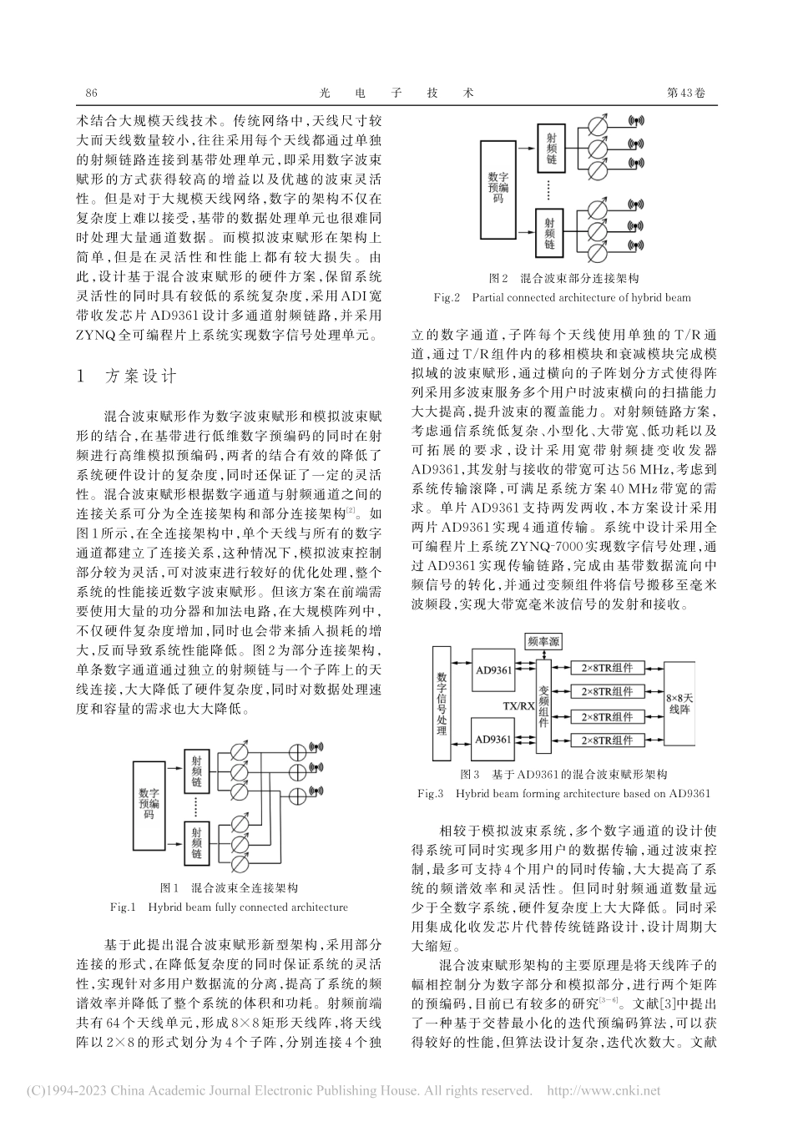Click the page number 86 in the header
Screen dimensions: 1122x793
[92, 93]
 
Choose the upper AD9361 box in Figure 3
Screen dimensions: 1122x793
[493, 670]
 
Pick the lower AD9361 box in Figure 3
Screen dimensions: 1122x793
[493, 739]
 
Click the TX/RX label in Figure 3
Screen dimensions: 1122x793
[519, 705]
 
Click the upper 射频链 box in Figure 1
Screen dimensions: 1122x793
[197, 771]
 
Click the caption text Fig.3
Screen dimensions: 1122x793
[433, 793]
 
